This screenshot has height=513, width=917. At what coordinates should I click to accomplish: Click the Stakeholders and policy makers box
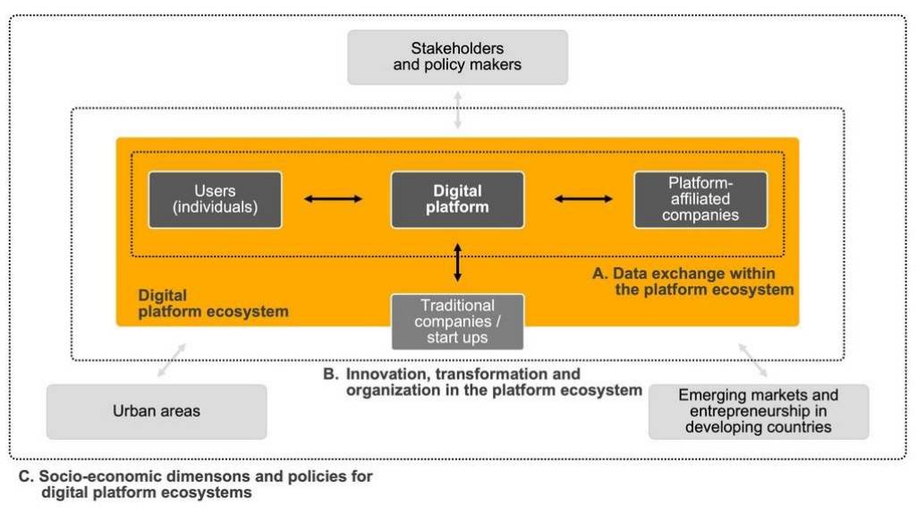tap(457, 57)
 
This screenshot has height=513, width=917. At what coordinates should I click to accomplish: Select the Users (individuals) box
tap(216, 199)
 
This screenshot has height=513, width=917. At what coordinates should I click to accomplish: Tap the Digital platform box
tap(457, 199)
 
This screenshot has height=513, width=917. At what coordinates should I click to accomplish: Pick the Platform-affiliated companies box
tap(700, 199)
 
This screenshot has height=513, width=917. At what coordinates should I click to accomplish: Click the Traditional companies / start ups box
tap(457, 322)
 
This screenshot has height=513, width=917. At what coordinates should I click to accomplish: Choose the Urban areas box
tap(157, 411)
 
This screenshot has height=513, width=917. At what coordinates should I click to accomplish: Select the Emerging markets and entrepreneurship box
tap(759, 411)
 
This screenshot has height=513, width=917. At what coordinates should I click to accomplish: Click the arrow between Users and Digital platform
tap(334, 198)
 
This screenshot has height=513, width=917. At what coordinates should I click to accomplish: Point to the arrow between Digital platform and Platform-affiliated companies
tap(583, 198)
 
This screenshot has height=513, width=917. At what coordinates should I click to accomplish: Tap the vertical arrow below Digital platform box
tap(457, 263)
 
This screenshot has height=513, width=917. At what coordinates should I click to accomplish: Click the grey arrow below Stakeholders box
tap(458, 110)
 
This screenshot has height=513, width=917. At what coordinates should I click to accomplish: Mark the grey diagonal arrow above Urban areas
tap(172, 360)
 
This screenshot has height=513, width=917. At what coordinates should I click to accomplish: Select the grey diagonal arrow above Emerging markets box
tap(752, 360)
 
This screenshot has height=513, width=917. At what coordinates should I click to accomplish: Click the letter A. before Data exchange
tap(600, 273)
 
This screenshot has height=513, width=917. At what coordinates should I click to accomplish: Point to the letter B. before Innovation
tap(331, 374)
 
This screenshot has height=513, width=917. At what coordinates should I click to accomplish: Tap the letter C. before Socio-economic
tap(26, 476)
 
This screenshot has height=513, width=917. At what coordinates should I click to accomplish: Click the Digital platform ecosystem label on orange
tap(213, 303)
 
